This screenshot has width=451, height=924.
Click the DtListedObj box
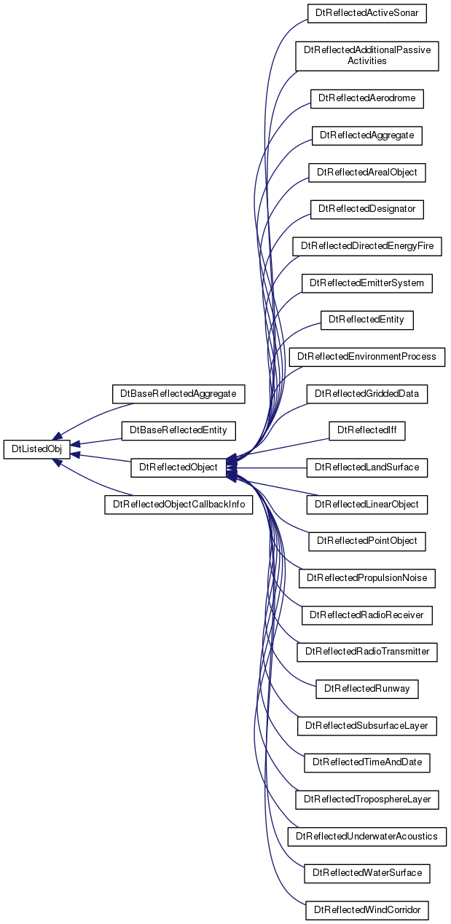click(x=36, y=449)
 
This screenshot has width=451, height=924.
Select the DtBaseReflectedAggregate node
click(x=179, y=394)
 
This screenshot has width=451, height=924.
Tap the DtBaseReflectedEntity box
click(x=179, y=430)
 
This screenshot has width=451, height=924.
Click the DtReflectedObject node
click(x=179, y=467)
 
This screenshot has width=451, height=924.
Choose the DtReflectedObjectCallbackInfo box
click(x=179, y=505)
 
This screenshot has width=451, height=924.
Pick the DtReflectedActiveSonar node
click(x=366, y=13)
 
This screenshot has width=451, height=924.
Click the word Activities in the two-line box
click(x=366, y=61)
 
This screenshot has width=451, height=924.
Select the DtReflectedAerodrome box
click(x=366, y=98)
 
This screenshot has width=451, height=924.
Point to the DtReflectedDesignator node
click(x=366, y=209)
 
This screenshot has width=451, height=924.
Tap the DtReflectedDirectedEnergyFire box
click(x=366, y=246)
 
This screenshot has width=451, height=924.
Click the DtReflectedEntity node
click(x=366, y=320)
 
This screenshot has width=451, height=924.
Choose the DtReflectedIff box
click(x=366, y=430)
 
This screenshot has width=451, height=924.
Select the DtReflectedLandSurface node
click(x=366, y=467)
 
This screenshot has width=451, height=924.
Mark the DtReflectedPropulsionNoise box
click(x=366, y=578)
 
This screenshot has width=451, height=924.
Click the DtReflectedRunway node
click(x=366, y=689)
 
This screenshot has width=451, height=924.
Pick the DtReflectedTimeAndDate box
click(x=366, y=762)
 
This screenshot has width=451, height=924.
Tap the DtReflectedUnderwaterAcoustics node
click(x=366, y=837)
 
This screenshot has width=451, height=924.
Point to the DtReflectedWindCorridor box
click(x=366, y=910)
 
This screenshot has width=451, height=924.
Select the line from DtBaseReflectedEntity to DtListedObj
click(x=95, y=442)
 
